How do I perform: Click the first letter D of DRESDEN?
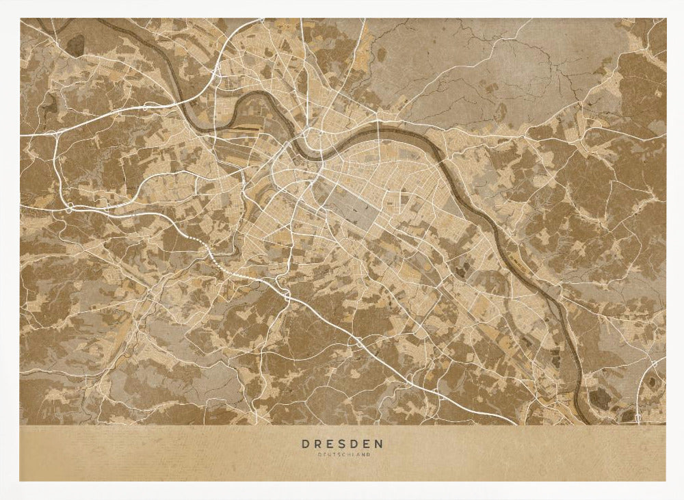point(305,444)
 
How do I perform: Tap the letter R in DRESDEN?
point(318,444)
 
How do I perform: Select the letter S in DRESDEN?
point(343,444)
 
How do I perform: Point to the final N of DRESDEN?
point(380,444)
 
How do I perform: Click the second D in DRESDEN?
point(355,444)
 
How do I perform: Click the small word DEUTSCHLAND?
point(342,454)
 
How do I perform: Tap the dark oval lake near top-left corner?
point(76,44)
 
